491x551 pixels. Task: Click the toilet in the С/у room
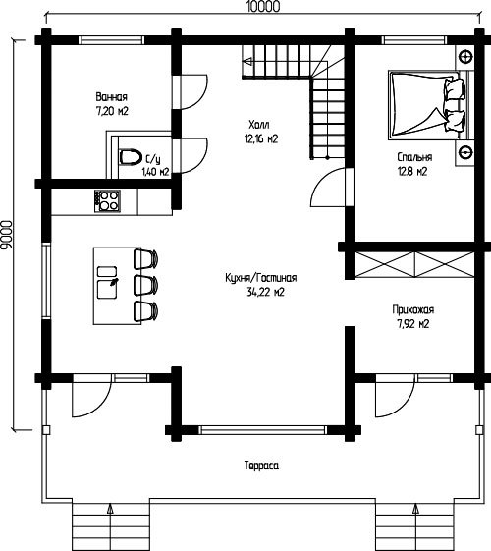point(130,157)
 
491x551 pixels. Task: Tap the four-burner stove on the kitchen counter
point(107,201)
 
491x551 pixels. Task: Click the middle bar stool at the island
point(145,286)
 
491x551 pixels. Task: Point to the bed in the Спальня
point(428,105)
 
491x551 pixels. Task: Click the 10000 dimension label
point(263,7)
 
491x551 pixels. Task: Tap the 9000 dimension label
point(6,235)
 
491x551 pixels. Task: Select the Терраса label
point(261,466)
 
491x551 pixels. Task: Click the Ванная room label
point(112,96)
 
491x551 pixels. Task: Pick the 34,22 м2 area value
point(265,292)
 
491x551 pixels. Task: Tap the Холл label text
point(259,125)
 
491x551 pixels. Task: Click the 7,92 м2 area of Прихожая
point(413,324)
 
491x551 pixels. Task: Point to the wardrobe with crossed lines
point(414,265)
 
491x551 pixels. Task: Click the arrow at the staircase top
point(246,62)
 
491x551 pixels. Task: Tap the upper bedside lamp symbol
point(465,56)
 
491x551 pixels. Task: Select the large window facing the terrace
point(263,430)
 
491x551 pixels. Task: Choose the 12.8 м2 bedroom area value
point(412,172)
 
